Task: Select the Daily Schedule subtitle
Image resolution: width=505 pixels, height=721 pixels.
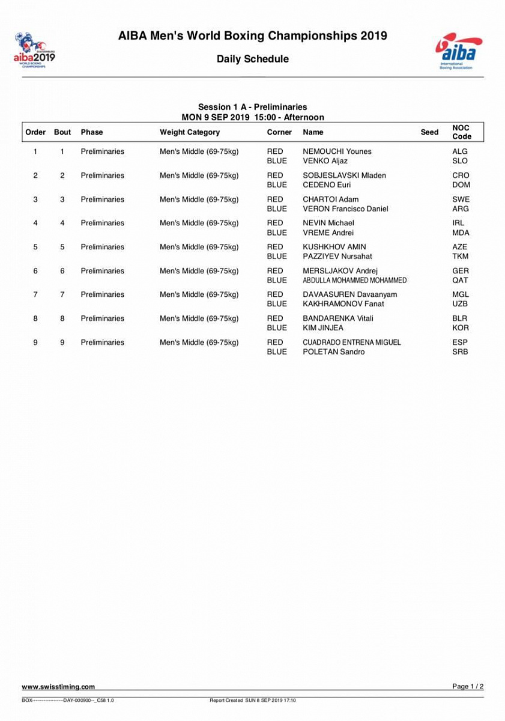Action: (252, 59)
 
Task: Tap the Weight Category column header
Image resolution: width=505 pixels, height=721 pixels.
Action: (190, 132)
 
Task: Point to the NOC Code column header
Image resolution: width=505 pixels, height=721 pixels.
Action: (461, 132)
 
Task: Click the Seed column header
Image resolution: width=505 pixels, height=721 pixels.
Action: (429, 132)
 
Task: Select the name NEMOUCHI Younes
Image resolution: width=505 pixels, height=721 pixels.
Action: (337, 151)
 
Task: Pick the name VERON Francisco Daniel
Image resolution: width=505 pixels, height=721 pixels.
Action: (345, 209)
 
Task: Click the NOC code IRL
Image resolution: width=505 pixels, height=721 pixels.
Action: (459, 223)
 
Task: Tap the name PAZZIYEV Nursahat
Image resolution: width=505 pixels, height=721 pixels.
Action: (337, 257)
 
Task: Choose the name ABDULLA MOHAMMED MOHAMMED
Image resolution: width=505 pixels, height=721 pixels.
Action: (354, 281)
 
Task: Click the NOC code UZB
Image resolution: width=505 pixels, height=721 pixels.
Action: (461, 304)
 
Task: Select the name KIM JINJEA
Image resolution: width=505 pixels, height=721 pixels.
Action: (323, 328)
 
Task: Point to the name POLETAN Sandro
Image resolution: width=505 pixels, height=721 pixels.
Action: (333, 352)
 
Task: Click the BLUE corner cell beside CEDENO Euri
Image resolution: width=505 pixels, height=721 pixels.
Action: (277, 185)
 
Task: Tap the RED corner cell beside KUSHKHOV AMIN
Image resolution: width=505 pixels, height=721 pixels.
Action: (275, 247)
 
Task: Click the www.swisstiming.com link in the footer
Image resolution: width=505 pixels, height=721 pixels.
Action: (58, 687)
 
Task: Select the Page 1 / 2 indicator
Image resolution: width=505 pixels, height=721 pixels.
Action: (468, 686)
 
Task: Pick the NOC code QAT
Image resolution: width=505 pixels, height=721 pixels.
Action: (460, 281)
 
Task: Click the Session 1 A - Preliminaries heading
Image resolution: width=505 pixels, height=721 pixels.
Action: (252, 107)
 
